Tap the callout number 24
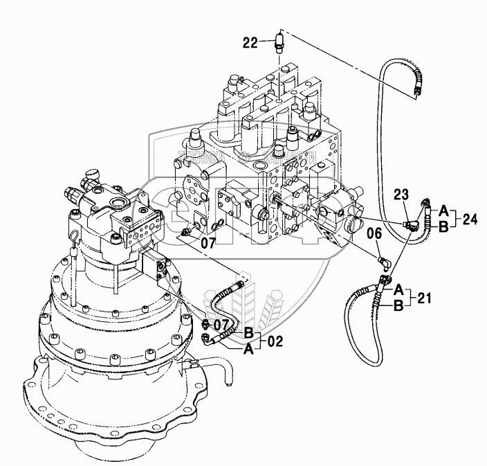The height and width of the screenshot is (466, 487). (470, 219)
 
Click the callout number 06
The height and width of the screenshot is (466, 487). (374, 233)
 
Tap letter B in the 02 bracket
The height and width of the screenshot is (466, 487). (248, 333)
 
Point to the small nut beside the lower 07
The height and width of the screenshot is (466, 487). (204, 325)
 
